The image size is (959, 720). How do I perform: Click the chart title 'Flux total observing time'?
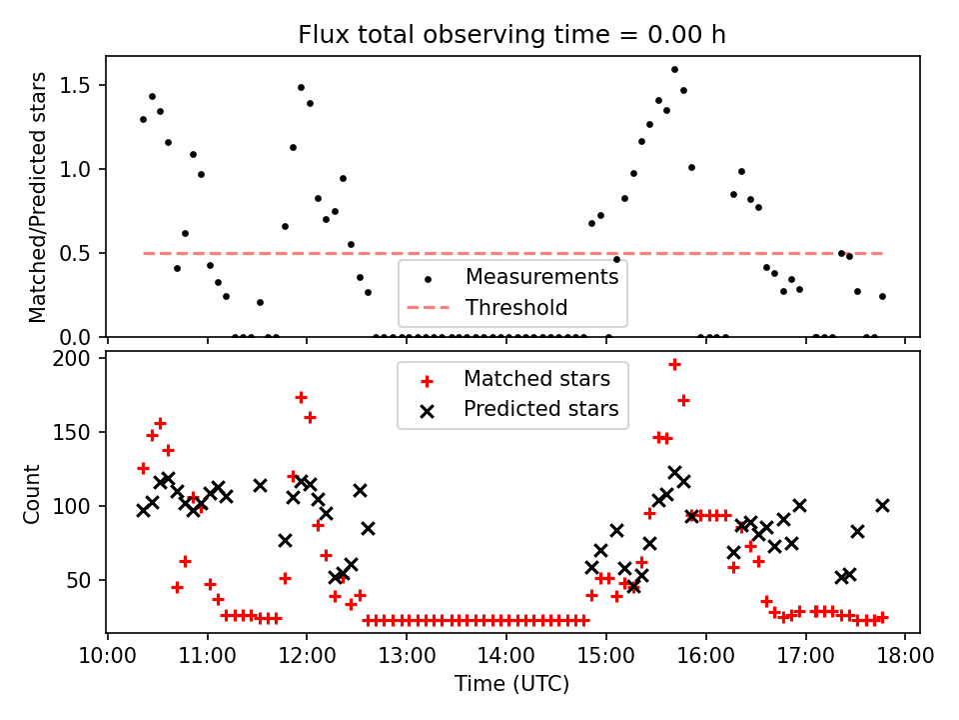point(511,35)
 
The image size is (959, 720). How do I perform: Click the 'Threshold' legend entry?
point(516,308)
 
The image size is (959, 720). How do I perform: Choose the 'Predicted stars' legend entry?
point(540,409)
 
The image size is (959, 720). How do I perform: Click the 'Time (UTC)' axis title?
point(511,684)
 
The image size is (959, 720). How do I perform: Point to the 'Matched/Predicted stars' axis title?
point(38,197)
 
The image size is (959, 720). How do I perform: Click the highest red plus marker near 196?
point(674,365)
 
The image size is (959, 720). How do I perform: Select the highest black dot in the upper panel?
point(674,70)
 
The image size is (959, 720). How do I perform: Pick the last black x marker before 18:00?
point(882,505)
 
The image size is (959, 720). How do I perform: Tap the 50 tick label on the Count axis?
point(81,580)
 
